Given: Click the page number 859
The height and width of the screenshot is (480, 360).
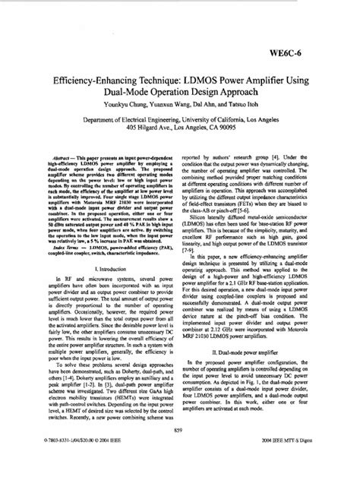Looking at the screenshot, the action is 180,451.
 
